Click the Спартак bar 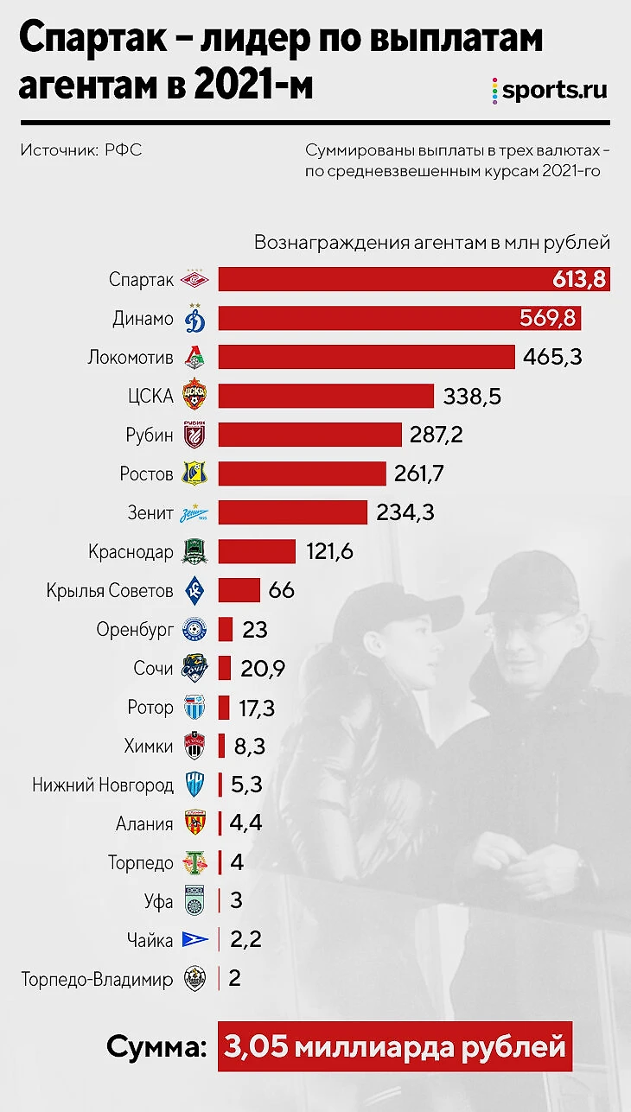[380, 279]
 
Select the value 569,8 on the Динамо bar [547, 318]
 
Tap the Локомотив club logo [195, 357]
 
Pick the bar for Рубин [309, 435]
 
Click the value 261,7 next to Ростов [424, 473]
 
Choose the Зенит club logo [195, 512]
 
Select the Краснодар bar [257, 551]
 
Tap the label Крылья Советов [111, 591]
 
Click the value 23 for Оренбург [255, 629]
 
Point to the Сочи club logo [195, 668]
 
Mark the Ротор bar [224, 708]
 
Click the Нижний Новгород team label [104, 785]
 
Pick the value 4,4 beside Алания [246, 823]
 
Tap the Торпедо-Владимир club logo [195, 979]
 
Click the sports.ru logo [549, 90]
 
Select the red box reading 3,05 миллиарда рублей [395, 1048]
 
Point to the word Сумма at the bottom [156, 1048]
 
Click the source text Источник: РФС [81, 150]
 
